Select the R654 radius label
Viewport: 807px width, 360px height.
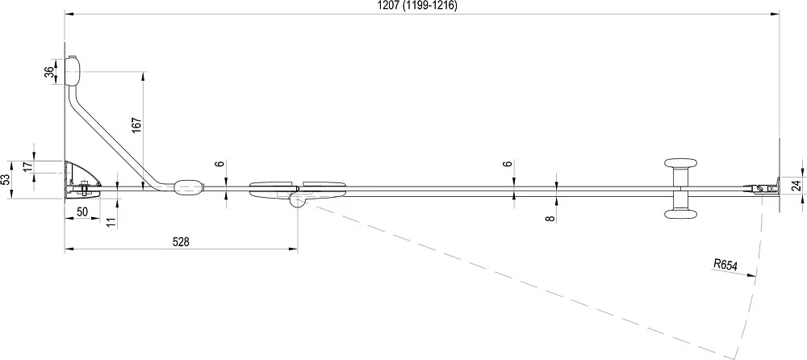click(x=725, y=265)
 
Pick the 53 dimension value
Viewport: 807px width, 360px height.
click(x=5, y=180)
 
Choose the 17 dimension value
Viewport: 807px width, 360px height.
click(x=27, y=166)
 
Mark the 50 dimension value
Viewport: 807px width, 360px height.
click(x=82, y=212)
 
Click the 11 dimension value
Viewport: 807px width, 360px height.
click(x=111, y=222)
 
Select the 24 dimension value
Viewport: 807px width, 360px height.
click(x=797, y=186)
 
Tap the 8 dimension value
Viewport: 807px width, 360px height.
click(x=550, y=219)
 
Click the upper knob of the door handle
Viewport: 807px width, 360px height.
click(x=681, y=164)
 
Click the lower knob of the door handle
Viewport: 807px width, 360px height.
click(x=681, y=214)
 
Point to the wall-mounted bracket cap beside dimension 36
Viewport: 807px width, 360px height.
click(x=73, y=70)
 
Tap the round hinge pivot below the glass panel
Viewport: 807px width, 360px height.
click(x=297, y=199)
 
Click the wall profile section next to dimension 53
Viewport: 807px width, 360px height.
click(x=82, y=178)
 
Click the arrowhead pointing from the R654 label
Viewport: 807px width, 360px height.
click(x=749, y=275)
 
